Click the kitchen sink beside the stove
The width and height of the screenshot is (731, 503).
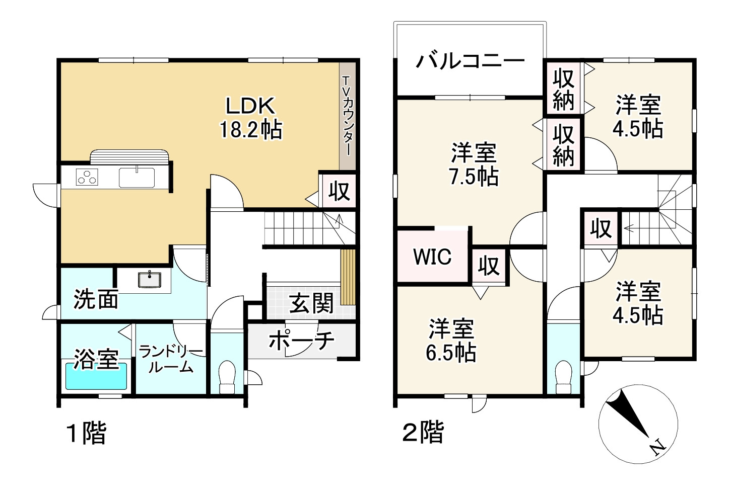[x=137, y=178]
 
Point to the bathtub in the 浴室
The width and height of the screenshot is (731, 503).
[x=96, y=376]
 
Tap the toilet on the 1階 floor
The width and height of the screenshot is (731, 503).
[x=228, y=377]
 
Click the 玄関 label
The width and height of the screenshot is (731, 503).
[x=311, y=304]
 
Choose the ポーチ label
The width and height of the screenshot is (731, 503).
[x=301, y=341]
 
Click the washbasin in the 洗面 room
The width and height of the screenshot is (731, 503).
[x=150, y=279]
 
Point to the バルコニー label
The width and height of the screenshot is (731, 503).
[x=470, y=62]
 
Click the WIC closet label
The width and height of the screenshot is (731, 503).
[x=432, y=257]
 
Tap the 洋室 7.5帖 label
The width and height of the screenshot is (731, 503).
[x=473, y=164]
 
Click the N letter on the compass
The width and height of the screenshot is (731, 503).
[x=656, y=447]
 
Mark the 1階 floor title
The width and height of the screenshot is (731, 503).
[x=86, y=433]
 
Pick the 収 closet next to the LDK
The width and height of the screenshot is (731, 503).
[x=339, y=191]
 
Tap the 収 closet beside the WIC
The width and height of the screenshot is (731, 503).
[x=488, y=265]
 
